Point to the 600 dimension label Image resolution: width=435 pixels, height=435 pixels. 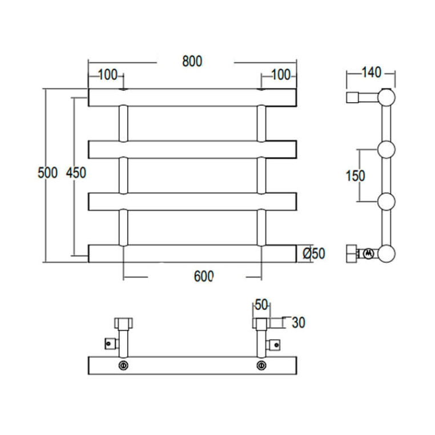203,276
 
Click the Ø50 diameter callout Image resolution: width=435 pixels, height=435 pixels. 313,253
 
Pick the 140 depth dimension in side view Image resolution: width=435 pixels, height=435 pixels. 370,72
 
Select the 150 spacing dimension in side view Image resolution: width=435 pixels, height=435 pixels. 355,175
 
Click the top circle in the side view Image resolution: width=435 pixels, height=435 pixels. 386,97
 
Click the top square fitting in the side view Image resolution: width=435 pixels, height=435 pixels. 353,97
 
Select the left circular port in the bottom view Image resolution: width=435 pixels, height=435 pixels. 123,365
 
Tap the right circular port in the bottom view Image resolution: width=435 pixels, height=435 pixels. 261,365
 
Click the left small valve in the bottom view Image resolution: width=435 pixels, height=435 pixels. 108,343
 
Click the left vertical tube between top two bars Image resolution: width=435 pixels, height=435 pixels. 123,123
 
